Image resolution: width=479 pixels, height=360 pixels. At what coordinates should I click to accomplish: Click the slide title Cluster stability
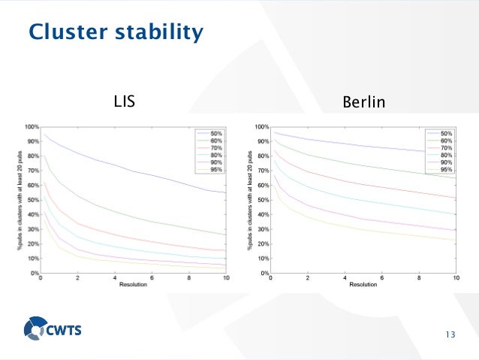[115, 32]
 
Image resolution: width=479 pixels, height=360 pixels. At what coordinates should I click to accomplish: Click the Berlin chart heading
[363, 101]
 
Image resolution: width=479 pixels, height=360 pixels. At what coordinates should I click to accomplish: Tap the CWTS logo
[57, 328]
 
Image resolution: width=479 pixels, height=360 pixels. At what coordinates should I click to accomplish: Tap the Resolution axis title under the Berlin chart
[363, 286]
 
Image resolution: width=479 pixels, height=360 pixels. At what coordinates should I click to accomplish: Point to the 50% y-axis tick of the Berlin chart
[261, 200]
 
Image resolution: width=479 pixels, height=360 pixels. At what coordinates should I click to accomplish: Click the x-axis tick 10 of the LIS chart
[226, 279]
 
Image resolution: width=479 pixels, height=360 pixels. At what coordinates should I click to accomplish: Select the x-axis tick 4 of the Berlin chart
[345, 279]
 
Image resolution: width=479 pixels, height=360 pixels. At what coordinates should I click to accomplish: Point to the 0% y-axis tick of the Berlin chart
[263, 273]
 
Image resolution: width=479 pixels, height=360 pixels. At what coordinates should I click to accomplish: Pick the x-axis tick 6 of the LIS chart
[152, 279]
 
